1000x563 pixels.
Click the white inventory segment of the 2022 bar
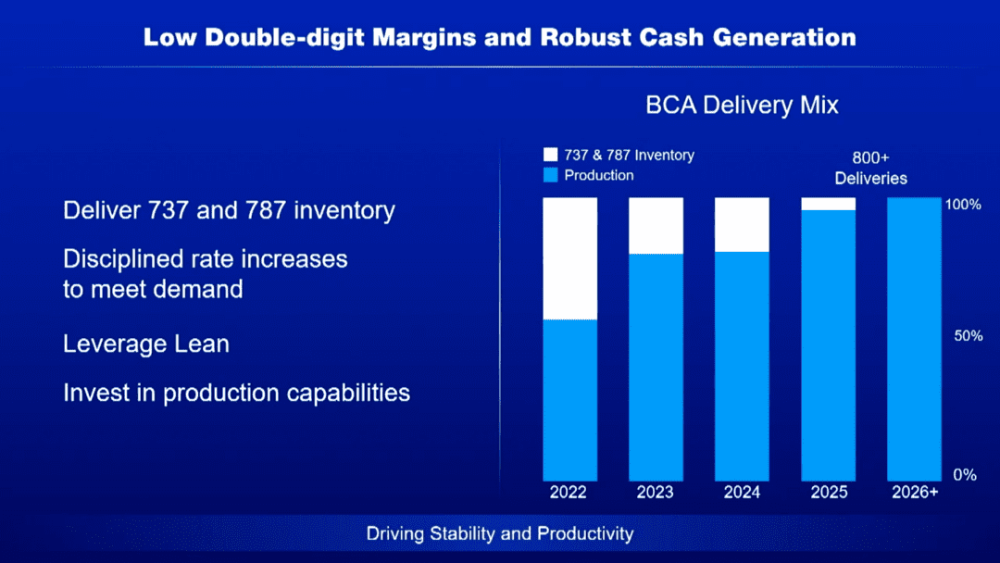[x=569, y=258]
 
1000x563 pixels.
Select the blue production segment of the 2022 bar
[x=569, y=399]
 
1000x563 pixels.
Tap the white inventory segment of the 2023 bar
[x=656, y=225]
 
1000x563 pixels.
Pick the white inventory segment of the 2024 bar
[x=742, y=224]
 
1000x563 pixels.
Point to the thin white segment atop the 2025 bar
[x=829, y=204]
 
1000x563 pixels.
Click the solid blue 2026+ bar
[x=914, y=338]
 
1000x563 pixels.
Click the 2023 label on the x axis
[x=656, y=493]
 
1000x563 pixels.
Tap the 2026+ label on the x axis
[x=914, y=493]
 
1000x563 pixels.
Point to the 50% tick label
[x=969, y=336]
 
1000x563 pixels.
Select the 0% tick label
[x=965, y=475]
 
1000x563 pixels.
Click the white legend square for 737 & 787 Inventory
[x=551, y=155]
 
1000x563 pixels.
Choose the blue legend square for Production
[x=551, y=175]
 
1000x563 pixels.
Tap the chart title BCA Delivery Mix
[x=742, y=105]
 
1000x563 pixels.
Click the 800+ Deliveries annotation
[x=870, y=168]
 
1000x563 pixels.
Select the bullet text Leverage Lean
[x=146, y=344]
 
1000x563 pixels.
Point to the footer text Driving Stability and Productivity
[x=500, y=533]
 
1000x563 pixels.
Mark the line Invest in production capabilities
[x=236, y=393]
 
